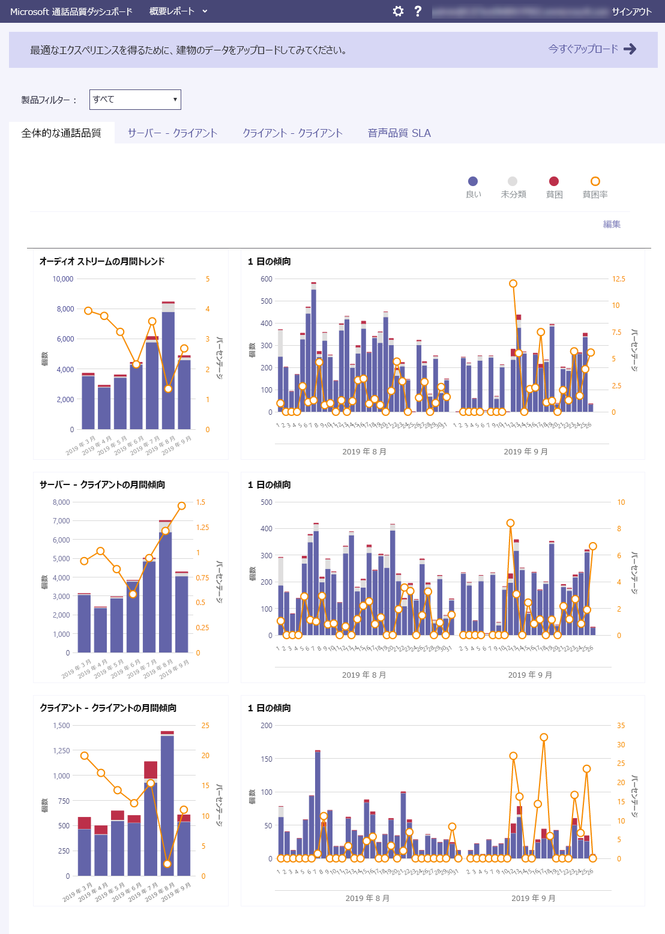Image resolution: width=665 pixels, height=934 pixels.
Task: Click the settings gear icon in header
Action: tap(398, 11)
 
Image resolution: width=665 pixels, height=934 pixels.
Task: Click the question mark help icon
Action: tap(418, 11)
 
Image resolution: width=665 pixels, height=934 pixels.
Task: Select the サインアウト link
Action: tap(631, 11)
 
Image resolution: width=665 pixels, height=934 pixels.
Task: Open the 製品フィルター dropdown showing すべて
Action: tap(135, 100)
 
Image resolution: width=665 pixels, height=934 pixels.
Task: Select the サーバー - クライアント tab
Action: tap(172, 133)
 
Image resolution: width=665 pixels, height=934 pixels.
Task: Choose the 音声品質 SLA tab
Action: tap(399, 133)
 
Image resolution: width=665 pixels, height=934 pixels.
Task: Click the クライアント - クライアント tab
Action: tap(292, 133)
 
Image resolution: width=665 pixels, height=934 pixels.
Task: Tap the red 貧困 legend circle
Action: tap(554, 181)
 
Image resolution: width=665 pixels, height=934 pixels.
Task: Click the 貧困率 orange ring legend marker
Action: tap(595, 181)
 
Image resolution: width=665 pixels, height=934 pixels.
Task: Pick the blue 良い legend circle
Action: tap(473, 181)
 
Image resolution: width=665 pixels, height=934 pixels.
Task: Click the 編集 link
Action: tap(612, 224)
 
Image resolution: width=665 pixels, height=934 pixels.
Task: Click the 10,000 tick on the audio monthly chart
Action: tap(63, 279)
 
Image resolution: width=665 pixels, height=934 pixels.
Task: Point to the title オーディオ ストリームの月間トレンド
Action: tap(102, 262)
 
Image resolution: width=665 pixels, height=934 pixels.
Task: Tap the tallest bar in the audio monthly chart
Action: tap(168, 366)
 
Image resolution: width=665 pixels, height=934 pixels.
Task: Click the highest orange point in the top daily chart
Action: tap(513, 283)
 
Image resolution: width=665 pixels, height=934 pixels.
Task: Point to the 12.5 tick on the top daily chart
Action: tap(618, 279)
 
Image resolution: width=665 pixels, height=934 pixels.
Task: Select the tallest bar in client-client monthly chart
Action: tap(167, 804)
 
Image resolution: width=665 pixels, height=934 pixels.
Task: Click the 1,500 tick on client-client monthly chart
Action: tap(62, 726)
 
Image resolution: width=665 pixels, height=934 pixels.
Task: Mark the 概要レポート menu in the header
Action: tap(178, 11)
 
